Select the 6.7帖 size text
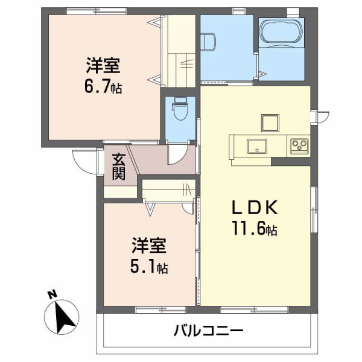103,86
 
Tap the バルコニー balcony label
208,331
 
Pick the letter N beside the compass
52,295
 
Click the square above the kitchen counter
270,122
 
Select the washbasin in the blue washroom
208,41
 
